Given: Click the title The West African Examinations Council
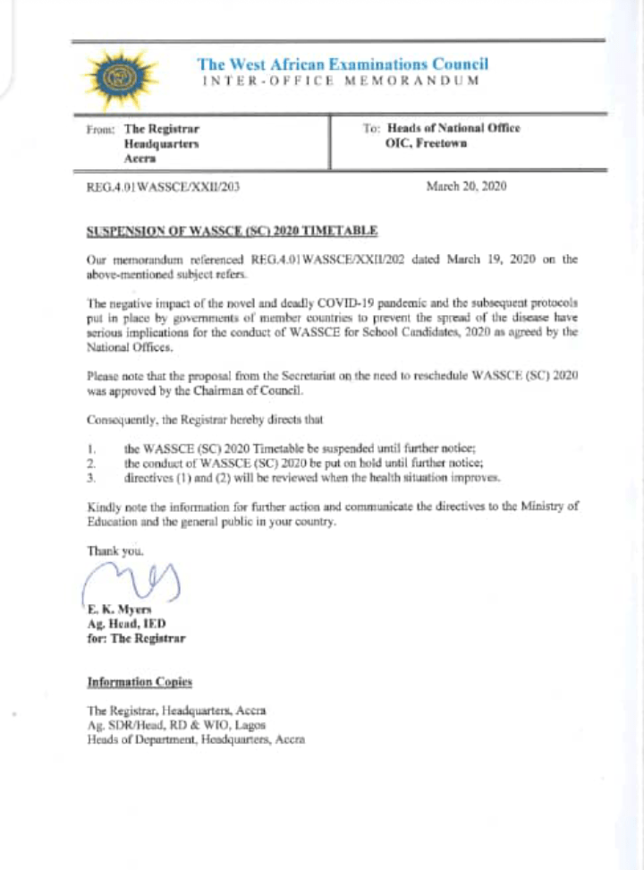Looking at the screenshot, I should coord(343,64).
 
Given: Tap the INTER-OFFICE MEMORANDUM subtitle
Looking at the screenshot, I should coord(340,81).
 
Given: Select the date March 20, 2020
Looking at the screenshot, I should coord(469,186).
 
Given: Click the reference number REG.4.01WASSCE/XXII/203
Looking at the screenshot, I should coord(163,187).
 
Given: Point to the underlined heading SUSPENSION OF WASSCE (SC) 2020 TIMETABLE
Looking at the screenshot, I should coord(232,231).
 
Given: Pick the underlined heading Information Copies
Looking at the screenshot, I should coord(139,682).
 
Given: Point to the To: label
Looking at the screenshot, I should coord(371,129).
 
